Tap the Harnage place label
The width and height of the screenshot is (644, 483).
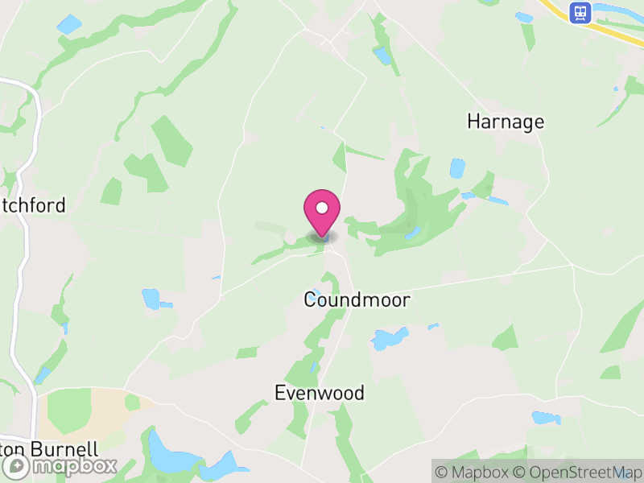pos(506,122)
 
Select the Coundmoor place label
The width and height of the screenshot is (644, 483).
pos(357,300)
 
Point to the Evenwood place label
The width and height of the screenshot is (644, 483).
pos(320,393)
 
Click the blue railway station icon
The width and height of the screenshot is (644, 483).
pos(578,12)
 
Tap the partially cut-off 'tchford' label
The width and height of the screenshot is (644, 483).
pos(34,206)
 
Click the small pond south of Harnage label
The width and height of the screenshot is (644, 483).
pos(457,168)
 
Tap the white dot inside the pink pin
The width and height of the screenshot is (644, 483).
pos(322,207)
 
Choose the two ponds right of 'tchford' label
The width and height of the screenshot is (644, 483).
pos(153,299)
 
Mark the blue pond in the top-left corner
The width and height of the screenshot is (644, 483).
pos(69,24)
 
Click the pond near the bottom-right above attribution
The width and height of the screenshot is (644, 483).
pos(545,418)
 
